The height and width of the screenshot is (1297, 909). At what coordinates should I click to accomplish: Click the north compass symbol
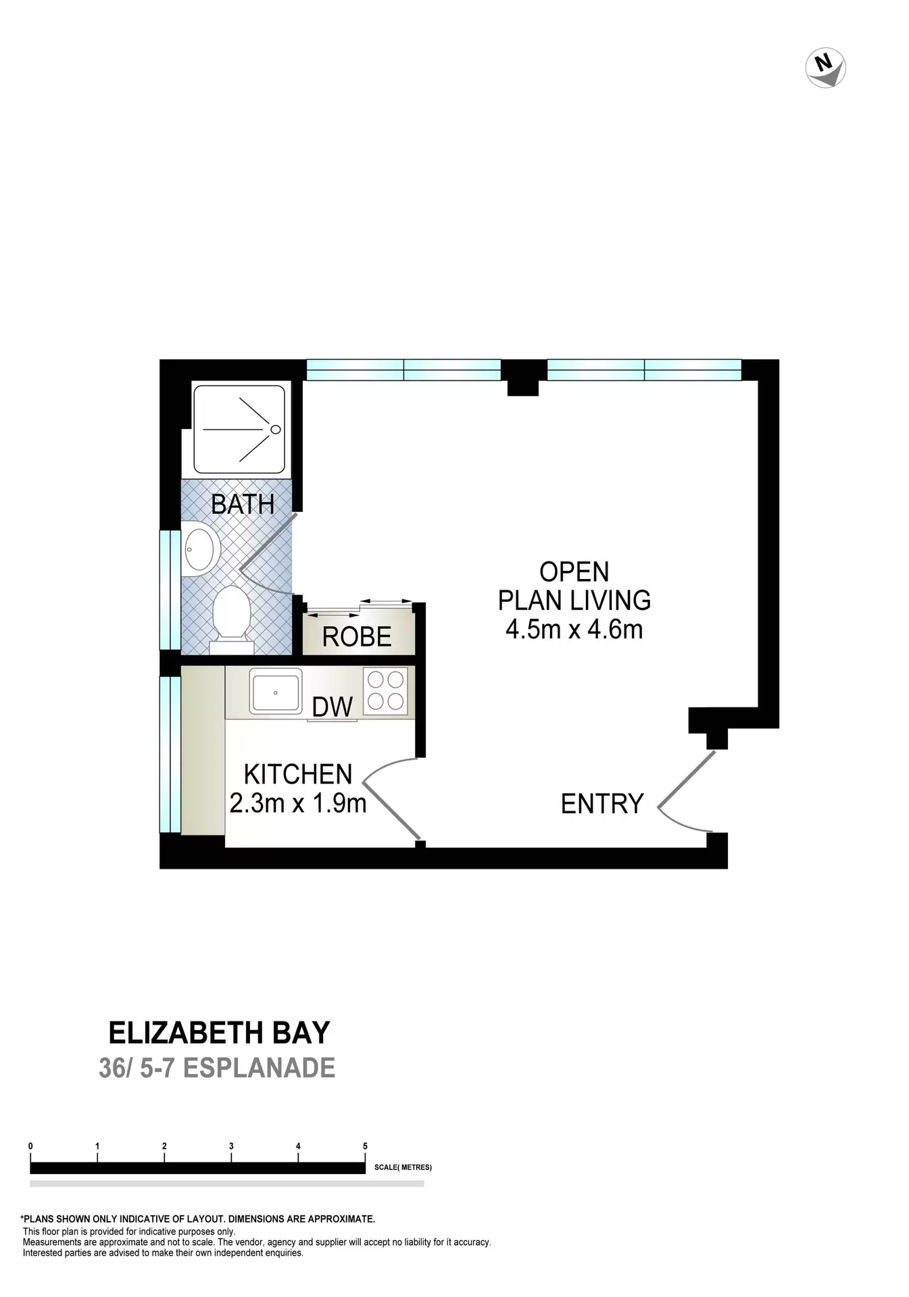(x=825, y=68)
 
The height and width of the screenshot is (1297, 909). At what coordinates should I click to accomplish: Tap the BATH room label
(x=243, y=504)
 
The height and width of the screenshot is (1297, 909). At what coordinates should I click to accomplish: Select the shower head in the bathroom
(x=275, y=429)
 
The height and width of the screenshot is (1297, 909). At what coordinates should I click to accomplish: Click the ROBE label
(x=357, y=637)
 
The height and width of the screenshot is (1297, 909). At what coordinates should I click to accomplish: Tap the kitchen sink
(x=276, y=691)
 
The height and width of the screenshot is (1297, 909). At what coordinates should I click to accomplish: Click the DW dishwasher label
(x=332, y=707)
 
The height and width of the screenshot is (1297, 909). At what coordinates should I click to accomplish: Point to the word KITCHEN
(x=298, y=774)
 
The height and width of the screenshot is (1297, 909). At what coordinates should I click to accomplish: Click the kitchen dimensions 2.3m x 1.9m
(x=298, y=803)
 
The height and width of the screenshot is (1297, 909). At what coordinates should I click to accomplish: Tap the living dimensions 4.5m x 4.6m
(x=574, y=630)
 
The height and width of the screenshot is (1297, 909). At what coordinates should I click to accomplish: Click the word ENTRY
(x=602, y=804)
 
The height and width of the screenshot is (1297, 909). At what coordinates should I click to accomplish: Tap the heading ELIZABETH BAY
(x=219, y=1033)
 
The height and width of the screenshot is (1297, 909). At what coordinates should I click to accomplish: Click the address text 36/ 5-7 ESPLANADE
(x=217, y=1068)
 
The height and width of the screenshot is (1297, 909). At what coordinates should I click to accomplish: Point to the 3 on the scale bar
(x=231, y=1146)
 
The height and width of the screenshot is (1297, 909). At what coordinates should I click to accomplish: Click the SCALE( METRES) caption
(x=403, y=1167)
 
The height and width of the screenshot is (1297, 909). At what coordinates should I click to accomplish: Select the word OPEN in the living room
(x=574, y=572)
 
